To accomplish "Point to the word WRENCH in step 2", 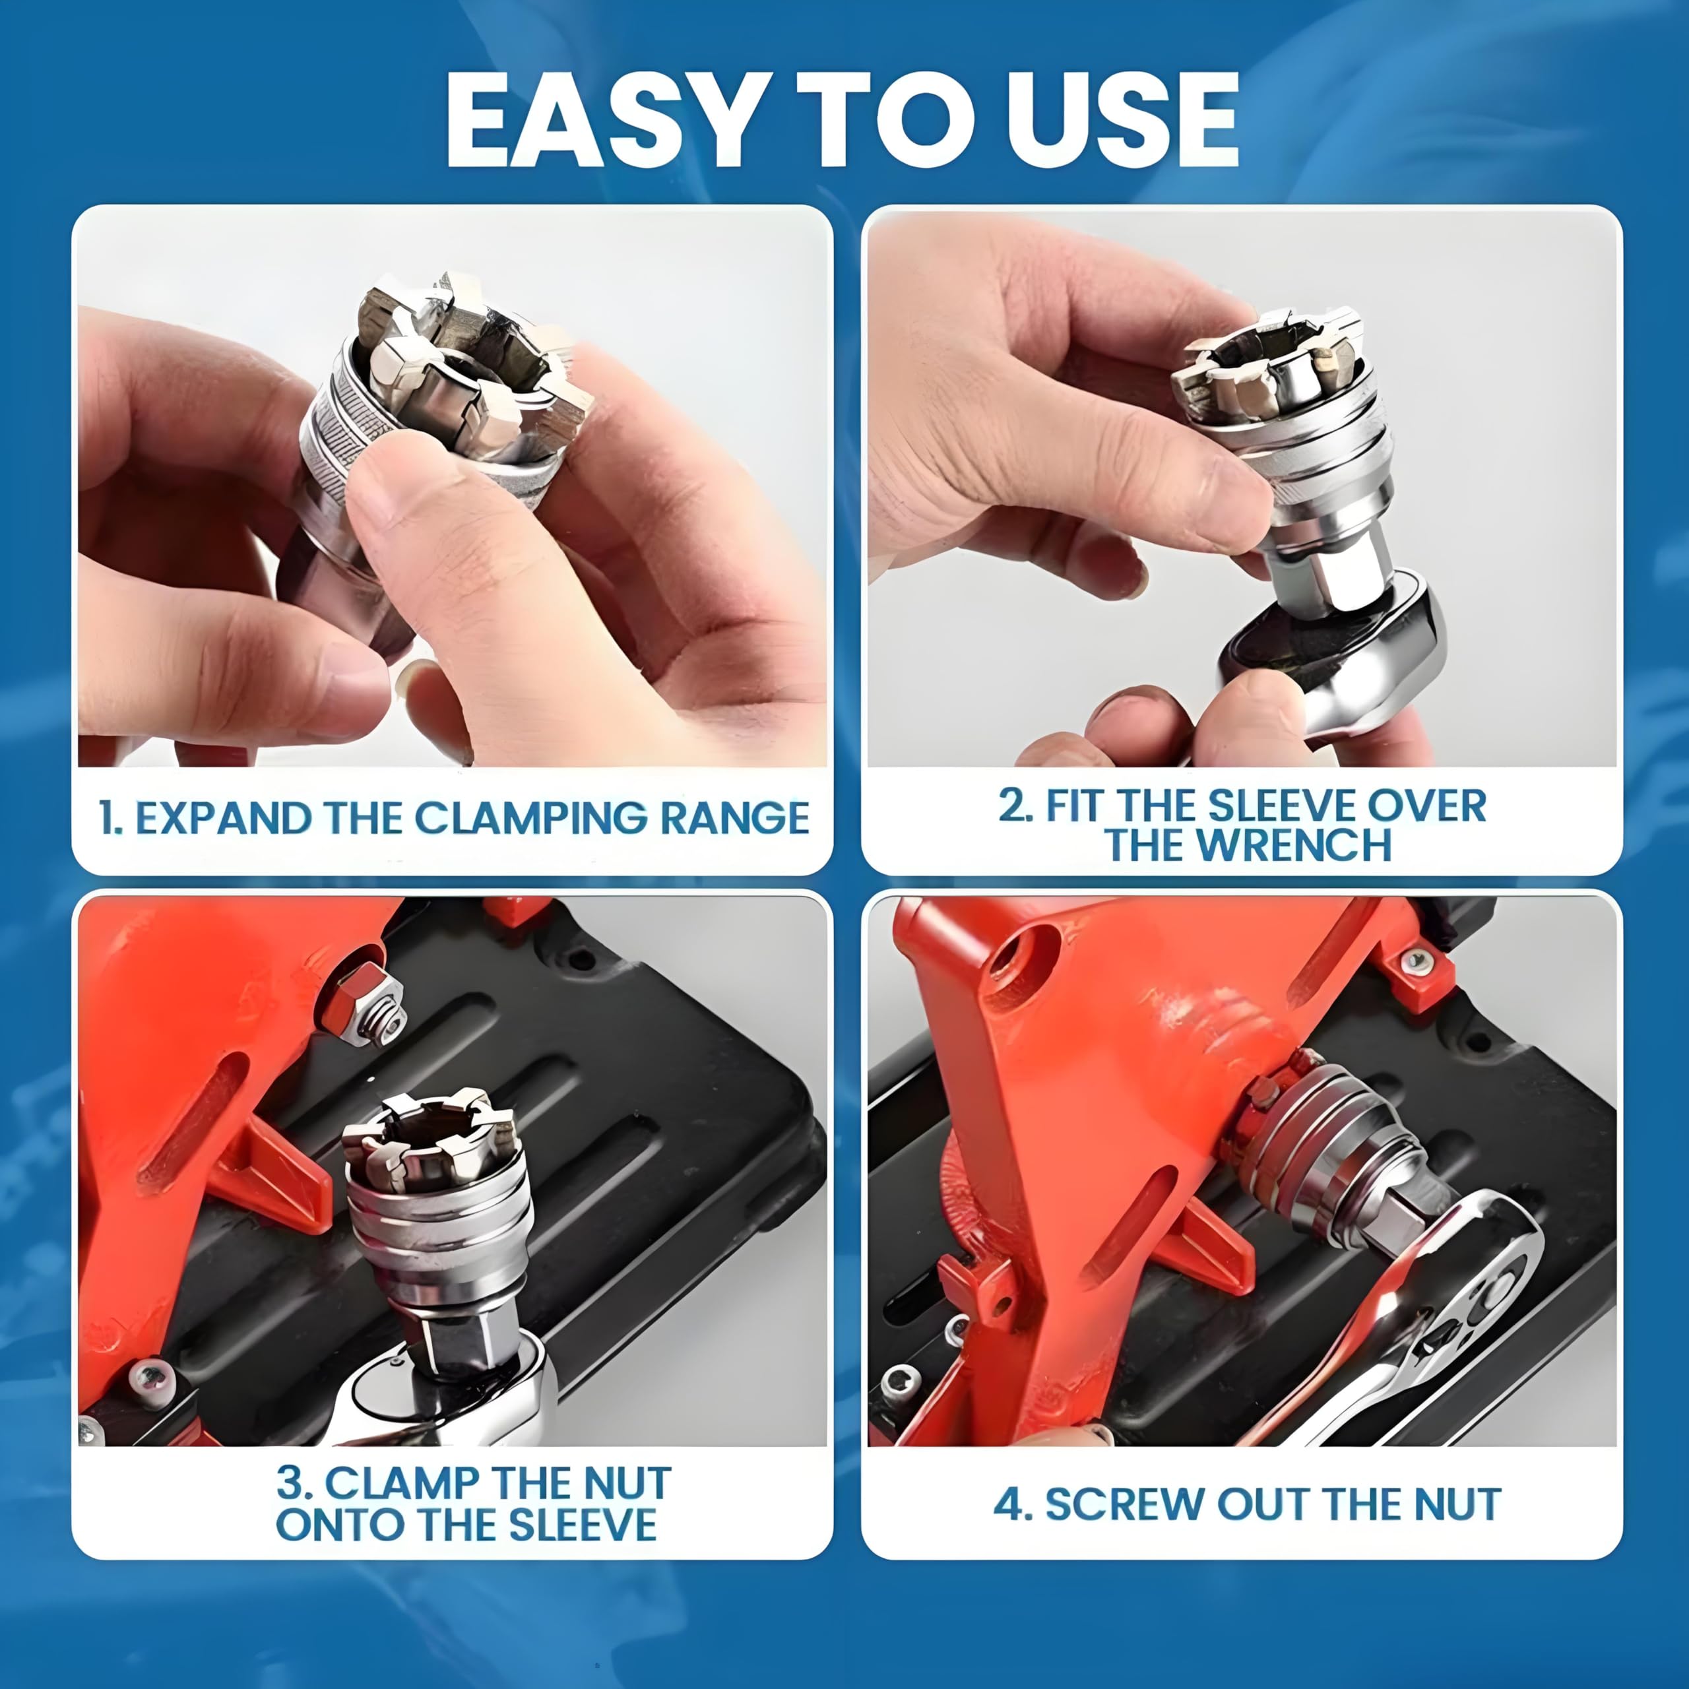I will [x=1294, y=845].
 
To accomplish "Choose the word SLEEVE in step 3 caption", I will [x=582, y=1525].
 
